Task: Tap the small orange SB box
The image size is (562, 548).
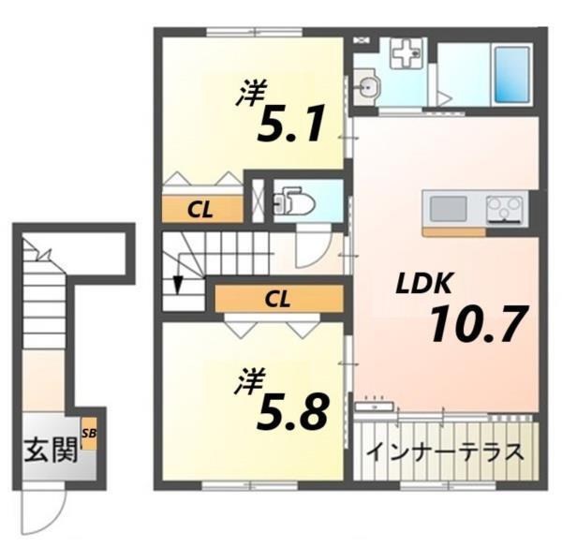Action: point(89,437)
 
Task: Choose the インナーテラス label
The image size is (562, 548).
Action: point(444,452)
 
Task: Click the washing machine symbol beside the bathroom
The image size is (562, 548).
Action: point(406,55)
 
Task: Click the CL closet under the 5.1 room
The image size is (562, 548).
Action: point(199,210)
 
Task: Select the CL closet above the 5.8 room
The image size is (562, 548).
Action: point(275,299)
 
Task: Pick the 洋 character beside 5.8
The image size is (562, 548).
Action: point(251,383)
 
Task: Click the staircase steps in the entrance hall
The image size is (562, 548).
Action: point(39,309)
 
